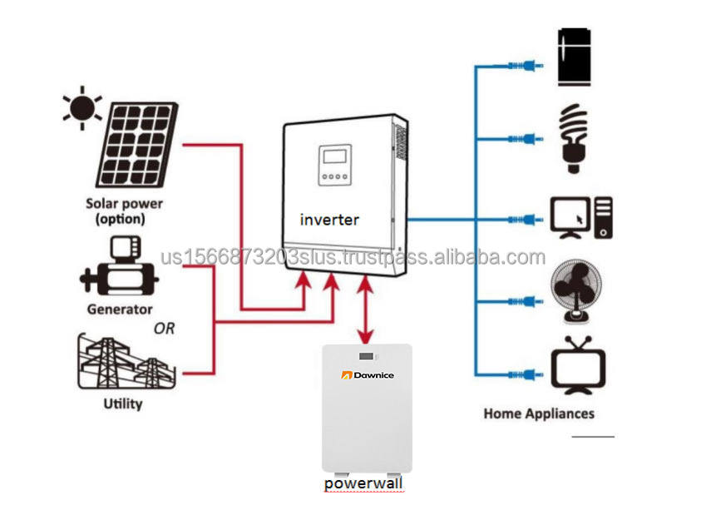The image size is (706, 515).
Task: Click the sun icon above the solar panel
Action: coord(82,108)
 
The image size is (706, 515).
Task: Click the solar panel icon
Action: coord(137,145)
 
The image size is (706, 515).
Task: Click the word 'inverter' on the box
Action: coord(329,220)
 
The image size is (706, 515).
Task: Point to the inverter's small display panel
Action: coord(335,165)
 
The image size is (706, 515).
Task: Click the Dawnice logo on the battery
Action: coord(368,375)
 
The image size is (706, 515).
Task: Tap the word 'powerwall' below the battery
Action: coord(363,483)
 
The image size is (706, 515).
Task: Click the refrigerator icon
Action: coord(574,57)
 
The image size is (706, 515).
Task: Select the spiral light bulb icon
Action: coord(573,138)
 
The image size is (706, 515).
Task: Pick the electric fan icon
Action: coord(576,291)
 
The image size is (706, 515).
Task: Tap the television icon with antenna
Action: coord(578,365)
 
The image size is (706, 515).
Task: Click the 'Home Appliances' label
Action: coord(539,413)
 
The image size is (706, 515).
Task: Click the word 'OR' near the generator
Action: coord(165,329)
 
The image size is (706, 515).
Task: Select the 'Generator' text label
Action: coord(120,309)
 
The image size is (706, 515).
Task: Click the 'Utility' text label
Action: coord(123,404)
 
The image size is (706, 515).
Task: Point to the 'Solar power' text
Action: coord(124,204)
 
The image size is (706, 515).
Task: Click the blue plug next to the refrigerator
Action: coord(526,67)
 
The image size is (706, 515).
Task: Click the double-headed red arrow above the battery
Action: coord(365,309)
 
